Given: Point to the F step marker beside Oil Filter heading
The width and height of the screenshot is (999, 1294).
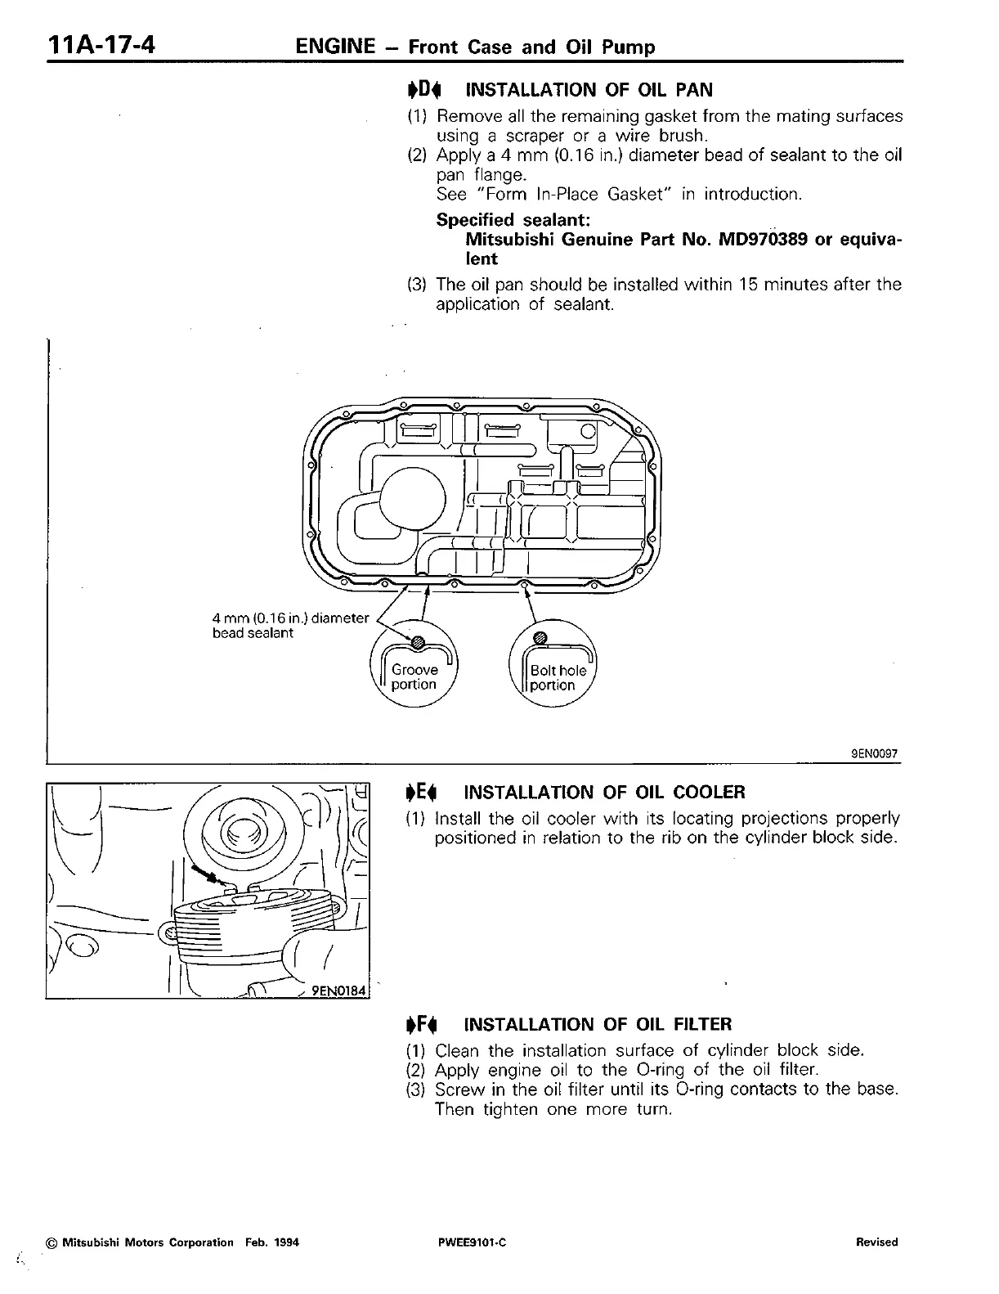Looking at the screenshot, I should coord(423,1024).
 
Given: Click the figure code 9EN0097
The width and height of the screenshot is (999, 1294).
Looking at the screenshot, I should coord(873,755).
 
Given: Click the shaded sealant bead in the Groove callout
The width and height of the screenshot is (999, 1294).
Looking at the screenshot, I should coord(418,643).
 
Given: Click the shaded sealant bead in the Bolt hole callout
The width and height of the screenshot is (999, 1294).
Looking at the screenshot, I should coord(540,638).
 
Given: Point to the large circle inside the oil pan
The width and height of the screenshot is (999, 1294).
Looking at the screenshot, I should coord(411,500).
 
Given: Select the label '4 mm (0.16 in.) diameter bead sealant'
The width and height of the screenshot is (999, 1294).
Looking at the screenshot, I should coord(290,626).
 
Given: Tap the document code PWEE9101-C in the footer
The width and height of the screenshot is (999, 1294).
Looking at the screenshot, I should coord(473,1242).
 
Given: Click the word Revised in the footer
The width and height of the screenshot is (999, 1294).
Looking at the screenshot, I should coord(876,1242).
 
